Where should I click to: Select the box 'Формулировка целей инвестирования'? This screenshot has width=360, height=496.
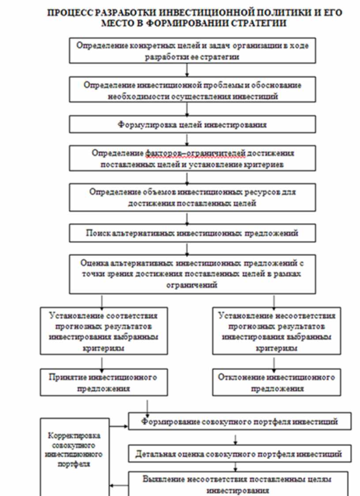coord(192,125)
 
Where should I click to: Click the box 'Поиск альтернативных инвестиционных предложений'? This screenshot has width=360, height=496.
coord(192,233)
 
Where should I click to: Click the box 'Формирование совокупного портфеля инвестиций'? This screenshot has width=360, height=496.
coord(240,422)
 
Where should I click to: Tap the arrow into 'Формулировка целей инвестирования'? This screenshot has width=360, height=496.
coord(187,110)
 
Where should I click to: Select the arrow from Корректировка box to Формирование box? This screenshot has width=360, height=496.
coord(119,426)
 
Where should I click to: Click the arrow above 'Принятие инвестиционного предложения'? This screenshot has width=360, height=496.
coord(102,362)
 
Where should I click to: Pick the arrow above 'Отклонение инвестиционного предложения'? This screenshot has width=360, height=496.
coord(274,362)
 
